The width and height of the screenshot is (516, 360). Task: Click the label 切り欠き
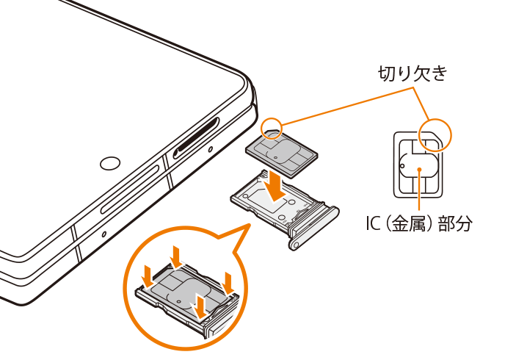(413, 73)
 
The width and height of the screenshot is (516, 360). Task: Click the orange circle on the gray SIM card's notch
(272, 127)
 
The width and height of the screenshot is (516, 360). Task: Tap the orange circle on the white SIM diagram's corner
(435, 134)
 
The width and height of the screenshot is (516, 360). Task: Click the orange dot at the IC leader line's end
(419, 169)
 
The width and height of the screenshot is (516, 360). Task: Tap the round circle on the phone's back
(110, 163)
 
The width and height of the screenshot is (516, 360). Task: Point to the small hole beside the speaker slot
(210, 150)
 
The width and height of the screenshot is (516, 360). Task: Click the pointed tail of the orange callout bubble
(249, 225)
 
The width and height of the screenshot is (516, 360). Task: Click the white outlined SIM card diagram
(418, 165)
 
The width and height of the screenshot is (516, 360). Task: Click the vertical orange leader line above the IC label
(419, 191)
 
